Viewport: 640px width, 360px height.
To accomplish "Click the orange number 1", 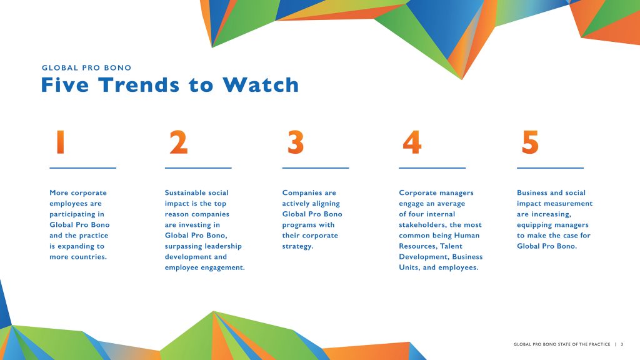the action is click(x=61, y=142).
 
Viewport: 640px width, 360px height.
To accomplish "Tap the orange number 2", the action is click(x=178, y=142).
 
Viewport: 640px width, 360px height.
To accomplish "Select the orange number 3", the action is click(x=296, y=142).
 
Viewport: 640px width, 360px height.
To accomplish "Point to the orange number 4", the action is click(x=412, y=142).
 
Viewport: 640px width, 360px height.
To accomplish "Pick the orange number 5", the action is click(x=530, y=142).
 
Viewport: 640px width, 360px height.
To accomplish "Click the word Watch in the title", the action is click(x=261, y=85).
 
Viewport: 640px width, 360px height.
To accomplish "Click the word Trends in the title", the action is click(x=139, y=85).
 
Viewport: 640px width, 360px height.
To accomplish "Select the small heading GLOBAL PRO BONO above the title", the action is click(x=86, y=67).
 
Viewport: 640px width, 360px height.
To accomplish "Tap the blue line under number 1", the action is click(x=83, y=167).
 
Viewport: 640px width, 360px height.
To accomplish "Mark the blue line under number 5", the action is click(x=550, y=167).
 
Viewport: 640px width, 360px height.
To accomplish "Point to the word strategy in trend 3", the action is click(x=297, y=246).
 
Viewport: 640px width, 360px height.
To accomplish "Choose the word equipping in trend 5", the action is click(x=532, y=225).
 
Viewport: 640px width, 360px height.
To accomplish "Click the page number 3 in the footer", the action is click(x=622, y=344).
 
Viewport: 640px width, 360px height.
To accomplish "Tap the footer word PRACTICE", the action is click(x=599, y=344).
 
